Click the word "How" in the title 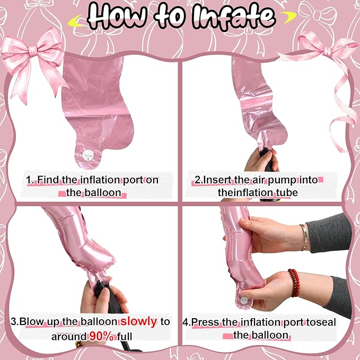(117, 16)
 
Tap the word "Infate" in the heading (234, 17)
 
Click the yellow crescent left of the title (75, 21)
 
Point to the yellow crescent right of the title (288, 17)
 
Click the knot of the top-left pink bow (33, 50)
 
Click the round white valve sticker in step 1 (88, 155)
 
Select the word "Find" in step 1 (48, 180)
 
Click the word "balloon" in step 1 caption (103, 192)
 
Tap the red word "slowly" (139, 321)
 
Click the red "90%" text (101, 336)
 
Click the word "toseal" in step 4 (321, 322)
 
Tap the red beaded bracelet (294, 283)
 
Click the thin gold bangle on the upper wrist (304, 237)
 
